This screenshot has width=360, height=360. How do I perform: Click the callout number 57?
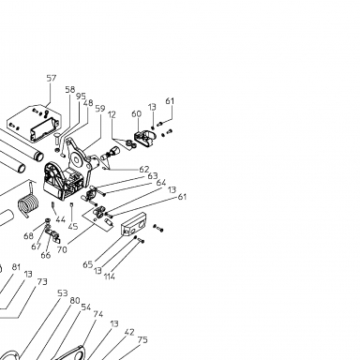(x=52, y=78)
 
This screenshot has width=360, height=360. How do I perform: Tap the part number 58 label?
(x=70, y=90)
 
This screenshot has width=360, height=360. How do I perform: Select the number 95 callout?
(x=81, y=97)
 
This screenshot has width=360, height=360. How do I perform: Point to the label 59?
(x=100, y=109)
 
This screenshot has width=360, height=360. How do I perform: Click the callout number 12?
(x=112, y=114)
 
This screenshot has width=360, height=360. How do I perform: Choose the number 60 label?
(x=137, y=113)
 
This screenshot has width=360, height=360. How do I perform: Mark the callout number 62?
(x=144, y=170)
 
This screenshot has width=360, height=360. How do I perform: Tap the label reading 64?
(x=161, y=183)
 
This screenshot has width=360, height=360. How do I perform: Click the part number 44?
(x=61, y=219)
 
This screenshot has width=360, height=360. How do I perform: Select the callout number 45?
(x=73, y=226)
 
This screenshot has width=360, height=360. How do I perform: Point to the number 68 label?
(x=28, y=236)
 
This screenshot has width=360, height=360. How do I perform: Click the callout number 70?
(x=62, y=249)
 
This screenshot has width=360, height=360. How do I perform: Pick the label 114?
(x=110, y=277)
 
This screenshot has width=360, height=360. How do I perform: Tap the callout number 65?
(x=88, y=264)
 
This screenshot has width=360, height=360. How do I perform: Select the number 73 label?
(x=42, y=282)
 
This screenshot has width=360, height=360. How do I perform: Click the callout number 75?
(x=142, y=339)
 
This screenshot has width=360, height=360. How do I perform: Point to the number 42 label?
(x=129, y=332)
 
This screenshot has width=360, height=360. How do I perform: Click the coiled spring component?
(x=29, y=202)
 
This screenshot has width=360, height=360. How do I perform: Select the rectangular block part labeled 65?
(x=134, y=225)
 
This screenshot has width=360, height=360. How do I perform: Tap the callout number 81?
(x=16, y=267)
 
